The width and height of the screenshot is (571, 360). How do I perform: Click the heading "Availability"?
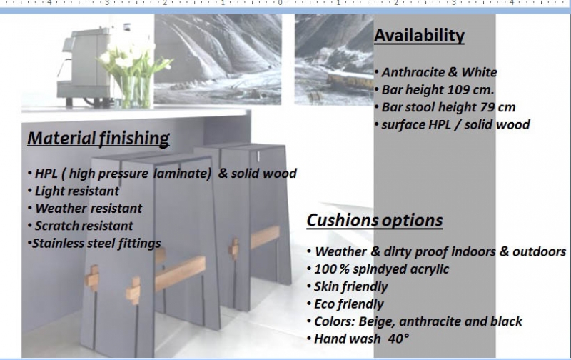coord(419,36)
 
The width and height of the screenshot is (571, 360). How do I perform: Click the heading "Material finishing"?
coord(98,139)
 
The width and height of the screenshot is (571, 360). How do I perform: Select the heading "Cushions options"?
coord(375,220)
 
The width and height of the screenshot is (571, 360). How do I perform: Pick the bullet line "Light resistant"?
coord(76,191)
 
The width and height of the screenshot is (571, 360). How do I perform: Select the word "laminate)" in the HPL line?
coord(182,174)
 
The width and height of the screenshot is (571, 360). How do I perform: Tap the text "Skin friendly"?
coord(350,286)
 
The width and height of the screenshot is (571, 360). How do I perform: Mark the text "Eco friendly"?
coord(348,304)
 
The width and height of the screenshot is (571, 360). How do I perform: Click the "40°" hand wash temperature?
coord(398,339)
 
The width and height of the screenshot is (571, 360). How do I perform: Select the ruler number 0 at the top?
coord(281,3)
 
